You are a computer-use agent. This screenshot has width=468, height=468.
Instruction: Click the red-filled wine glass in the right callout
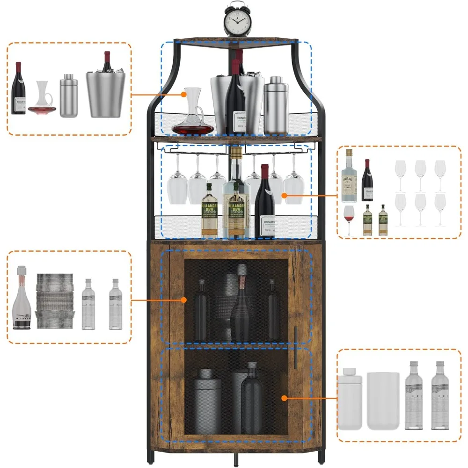(x=349, y=219)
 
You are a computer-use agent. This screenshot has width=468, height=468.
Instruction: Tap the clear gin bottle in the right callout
(x=349, y=175)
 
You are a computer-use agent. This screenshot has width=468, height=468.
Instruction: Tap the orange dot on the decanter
(x=184, y=95)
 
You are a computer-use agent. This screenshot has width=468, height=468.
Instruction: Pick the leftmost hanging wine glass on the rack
(x=177, y=182)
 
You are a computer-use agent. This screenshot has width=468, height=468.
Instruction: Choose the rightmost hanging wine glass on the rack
(x=293, y=183)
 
